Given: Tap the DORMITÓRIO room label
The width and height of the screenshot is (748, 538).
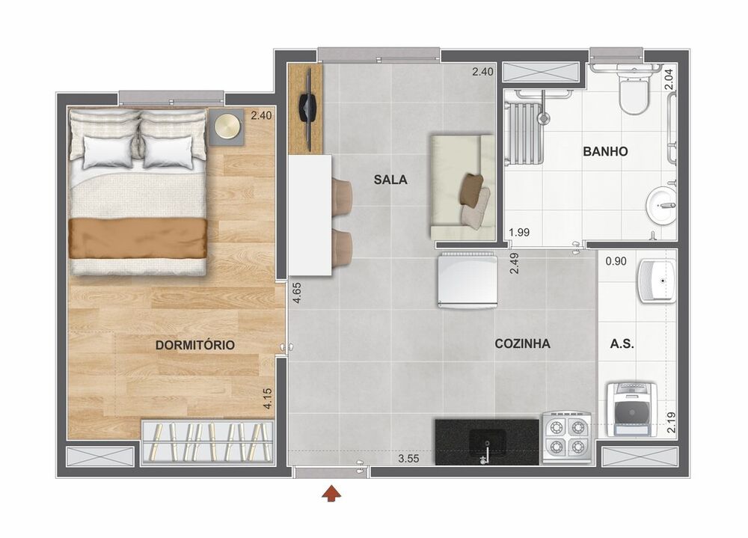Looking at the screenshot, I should pos(195,345).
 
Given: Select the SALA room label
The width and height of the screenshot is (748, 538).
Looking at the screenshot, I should pos(390,180).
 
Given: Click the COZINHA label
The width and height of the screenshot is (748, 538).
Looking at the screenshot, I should pos(522,344).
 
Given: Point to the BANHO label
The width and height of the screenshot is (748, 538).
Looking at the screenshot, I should pos(605,151).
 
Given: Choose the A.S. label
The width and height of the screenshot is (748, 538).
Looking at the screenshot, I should pos(622,344).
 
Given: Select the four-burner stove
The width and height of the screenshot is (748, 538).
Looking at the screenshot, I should pos(566,437).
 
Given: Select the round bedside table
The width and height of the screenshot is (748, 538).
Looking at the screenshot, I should pos(226,128).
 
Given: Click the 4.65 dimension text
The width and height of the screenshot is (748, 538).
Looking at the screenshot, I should pos(297,291).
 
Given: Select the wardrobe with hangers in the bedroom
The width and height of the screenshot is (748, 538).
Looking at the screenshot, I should pos(206,440).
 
